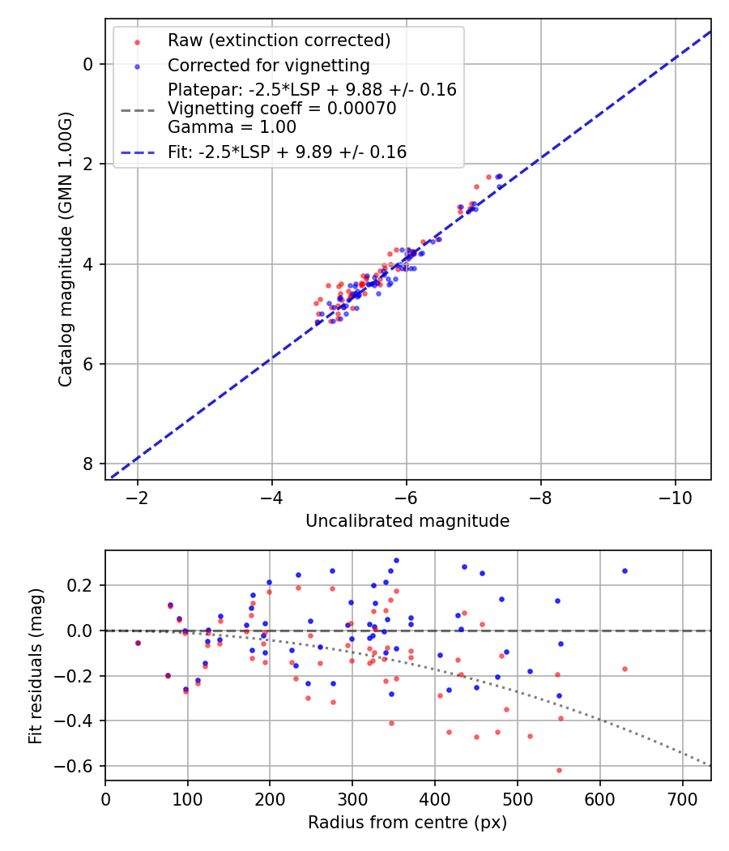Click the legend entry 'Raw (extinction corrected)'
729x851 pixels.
[279, 41]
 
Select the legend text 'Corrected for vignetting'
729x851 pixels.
[268, 66]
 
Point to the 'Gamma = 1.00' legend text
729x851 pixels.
[232, 127]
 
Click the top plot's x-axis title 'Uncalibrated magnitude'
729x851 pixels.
[407, 521]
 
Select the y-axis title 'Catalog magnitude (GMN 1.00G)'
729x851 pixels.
[66, 248]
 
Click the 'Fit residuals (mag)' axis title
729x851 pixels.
[35, 665]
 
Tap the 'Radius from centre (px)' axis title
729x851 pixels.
[407, 823]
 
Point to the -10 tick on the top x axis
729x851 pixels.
[675, 497]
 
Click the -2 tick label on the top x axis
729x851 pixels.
[138, 497]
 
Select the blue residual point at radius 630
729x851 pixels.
[625, 571]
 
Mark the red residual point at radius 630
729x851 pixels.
[625, 669]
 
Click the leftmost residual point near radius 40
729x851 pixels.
[138, 643]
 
